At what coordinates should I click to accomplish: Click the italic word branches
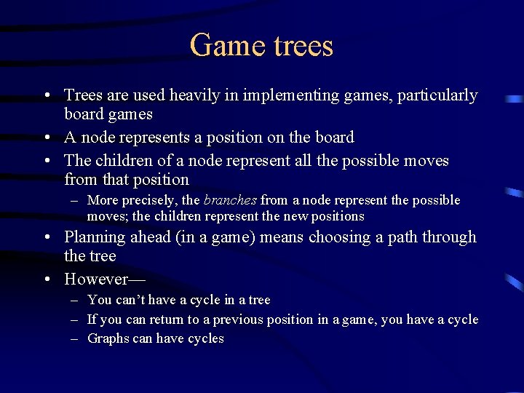click(230, 200)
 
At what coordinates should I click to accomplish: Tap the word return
click(164, 319)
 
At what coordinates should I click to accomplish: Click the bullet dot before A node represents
click(46, 138)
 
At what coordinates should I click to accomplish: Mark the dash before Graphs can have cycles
click(76, 338)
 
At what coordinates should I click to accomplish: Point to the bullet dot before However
click(46, 279)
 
